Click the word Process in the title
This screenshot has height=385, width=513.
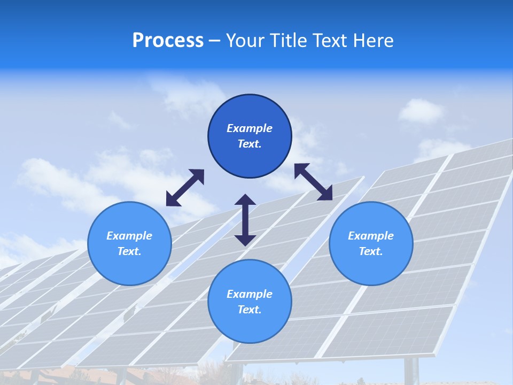pyautogui.click(x=168, y=41)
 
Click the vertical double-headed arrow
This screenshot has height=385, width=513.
pyautogui.click(x=245, y=220)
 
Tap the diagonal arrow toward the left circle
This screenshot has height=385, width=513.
pyautogui.click(x=185, y=188)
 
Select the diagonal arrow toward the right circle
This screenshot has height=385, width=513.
pyautogui.click(x=314, y=182)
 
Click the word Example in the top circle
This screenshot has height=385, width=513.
pyautogui.click(x=250, y=128)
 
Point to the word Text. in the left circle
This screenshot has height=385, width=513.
pyautogui.click(x=129, y=251)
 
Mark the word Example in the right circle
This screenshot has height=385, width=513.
pyautogui.click(x=371, y=236)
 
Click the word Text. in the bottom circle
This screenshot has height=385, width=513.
pyautogui.click(x=250, y=310)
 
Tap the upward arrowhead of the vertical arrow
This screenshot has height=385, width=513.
pyautogui.click(x=245, y=201)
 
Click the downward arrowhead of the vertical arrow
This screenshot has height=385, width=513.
pyautogui.click(x=245, y=239)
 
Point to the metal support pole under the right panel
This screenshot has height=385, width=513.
pyautogui.click(x=411, y=371)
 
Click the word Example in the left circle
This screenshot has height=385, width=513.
pyautogui.click(x=129, y=236)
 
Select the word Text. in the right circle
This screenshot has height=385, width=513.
pyautogui.click(x=371, y=251)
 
